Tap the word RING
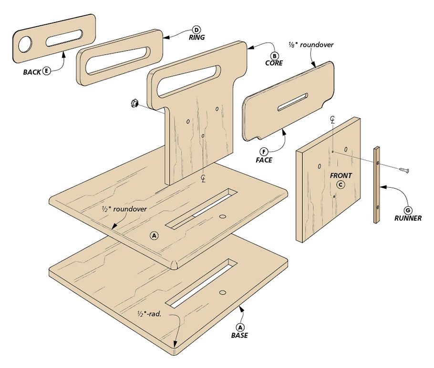coord(196,38)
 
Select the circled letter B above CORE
coord(274,55)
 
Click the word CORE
coord(274,63)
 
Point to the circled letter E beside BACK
coord(47,71)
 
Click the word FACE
coord(264,160)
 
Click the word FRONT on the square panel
coord(341,175)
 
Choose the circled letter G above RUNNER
coord(408,210)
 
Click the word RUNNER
coord(408,218)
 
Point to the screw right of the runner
coord(406,169)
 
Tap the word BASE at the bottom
coord(240,335)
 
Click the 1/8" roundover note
coord(311,45)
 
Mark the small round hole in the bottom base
coord(222,292)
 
